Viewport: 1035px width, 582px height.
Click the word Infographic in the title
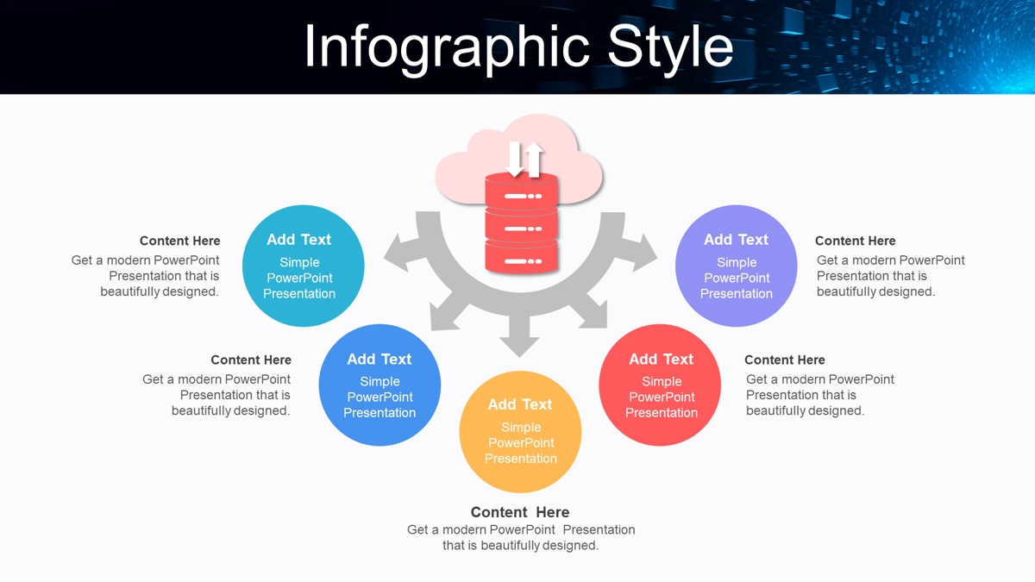click(x=447, y=48)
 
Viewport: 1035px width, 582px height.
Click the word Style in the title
click(x=670, y=48)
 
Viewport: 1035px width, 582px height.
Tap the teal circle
click(x=303, y=266)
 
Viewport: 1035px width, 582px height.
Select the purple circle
click(x=736, y=266)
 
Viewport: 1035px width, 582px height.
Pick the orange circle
click(x=520, y=432)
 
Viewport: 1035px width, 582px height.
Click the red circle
click(x=660, y=385)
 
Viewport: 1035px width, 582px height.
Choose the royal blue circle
click(x=379, y=385)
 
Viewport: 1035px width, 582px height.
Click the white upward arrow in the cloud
click(x=534, y=160)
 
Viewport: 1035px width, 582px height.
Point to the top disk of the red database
click(x=521, y=191)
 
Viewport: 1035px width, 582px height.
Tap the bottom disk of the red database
click(x=521, y=258)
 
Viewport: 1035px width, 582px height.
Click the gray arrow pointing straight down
click(x=519, y=335)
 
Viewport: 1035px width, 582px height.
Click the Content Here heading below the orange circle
click(x=520, y=512)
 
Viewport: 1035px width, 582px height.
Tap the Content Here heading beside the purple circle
click(x=856, y=241)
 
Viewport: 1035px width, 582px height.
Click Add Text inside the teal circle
click(x=299, y=240)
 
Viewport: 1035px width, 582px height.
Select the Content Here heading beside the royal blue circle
click(x=251, y=360)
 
